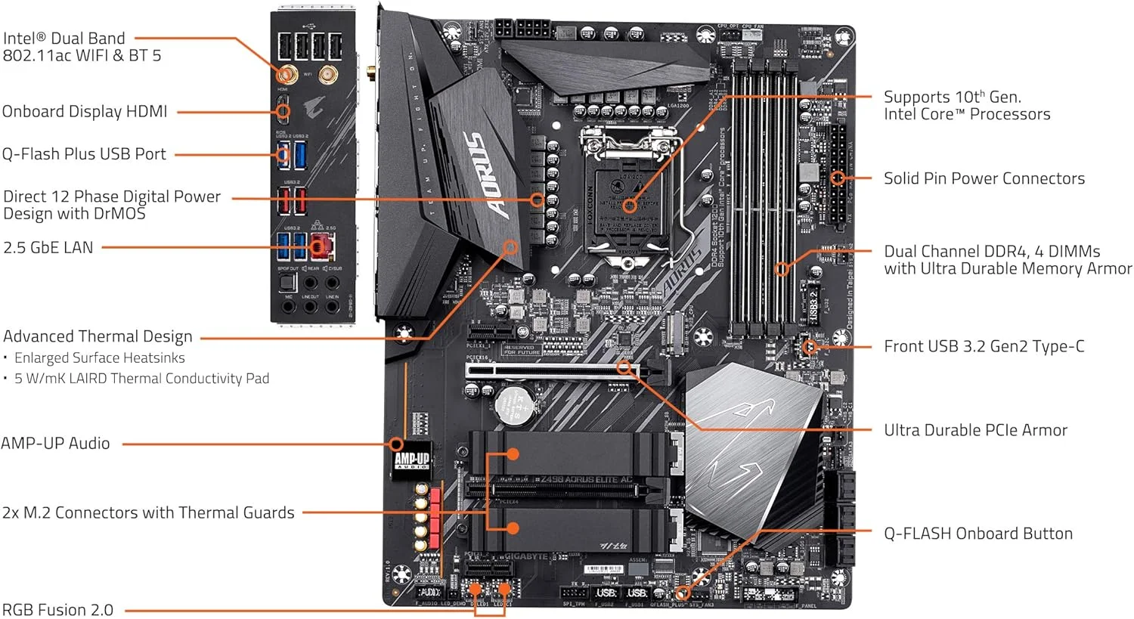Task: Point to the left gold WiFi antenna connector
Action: pyautogui.click(x=285, y=75)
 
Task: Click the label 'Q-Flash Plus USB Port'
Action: pyautogui.click(x=84, y=154)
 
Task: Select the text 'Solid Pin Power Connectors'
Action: pyautogui.click(x=984, y=178)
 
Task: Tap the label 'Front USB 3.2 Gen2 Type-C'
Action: pyautogui.click(x=984, y=346)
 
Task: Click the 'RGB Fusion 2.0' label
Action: pyautogui.click(x=57, y=610)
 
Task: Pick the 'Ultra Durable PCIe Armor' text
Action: pyautogui.click(x=975, y=430)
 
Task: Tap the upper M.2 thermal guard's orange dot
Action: pyautogui.click(x=513, y=454)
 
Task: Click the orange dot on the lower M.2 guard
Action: pyautogui.click(x=513, y=528)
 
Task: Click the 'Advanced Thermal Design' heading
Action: pyautogui.click(x=98, y=336)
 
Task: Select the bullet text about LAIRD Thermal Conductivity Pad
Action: pyautogui.click(x=141, y=378)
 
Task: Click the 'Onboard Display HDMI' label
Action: pyautogui.click(x=85, y=112)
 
